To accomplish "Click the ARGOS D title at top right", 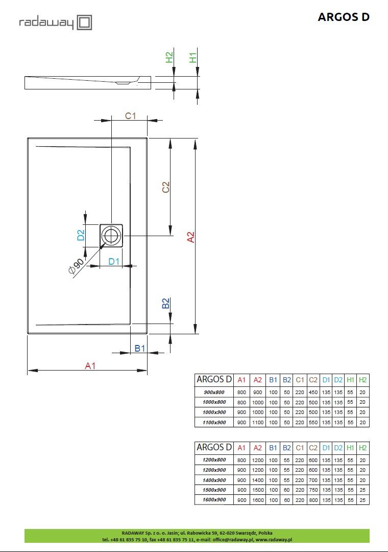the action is click(x=343, y=17).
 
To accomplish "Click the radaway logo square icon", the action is click(x=84, y=22).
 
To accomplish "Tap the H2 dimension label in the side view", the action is click(x=169, y=57).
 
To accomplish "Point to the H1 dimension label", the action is click(x=193, y=57).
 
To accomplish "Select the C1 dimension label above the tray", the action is click(x=131, y=116).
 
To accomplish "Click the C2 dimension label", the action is click(x=166, y=187).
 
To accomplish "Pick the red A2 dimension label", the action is click(x=190, y=237).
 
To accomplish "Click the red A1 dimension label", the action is click(x=90, y=366).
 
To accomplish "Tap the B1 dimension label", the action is click(x=140, y=348).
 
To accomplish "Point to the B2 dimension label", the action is click(x=166, y=303).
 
